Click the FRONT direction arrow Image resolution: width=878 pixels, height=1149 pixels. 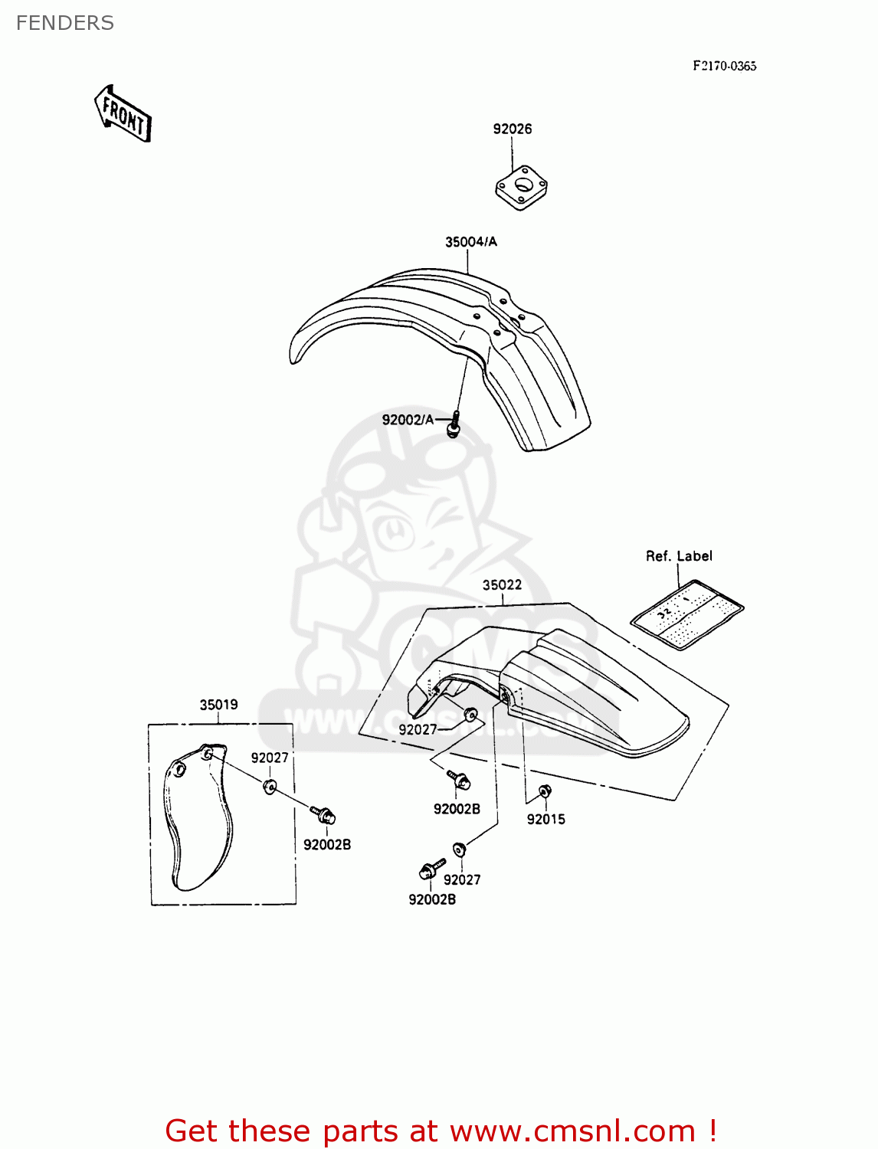point(123,113)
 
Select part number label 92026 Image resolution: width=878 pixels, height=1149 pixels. point(512,129)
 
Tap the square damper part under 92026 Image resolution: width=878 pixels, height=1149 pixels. point(521,187)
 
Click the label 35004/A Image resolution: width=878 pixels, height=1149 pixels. point(470,242)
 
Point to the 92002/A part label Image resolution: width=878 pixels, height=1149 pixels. point(408,420)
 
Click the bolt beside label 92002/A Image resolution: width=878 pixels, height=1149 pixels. point(454,424)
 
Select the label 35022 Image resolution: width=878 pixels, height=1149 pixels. point(502,585)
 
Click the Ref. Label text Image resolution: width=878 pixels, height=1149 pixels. point(679,556)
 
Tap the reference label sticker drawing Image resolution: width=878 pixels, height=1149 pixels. point(687,614)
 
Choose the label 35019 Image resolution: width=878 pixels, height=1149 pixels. point(218,705)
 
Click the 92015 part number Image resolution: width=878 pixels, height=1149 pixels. point(545,820)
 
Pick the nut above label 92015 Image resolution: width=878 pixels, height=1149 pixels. point(544,792)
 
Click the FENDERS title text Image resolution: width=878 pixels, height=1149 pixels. point(65,23)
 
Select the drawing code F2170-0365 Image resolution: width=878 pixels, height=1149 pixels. point(724,66)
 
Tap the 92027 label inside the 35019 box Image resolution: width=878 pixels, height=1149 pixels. point(270,758)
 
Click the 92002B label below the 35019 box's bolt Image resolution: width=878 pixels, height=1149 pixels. point(327,845)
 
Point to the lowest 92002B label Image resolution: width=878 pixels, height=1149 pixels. point(432,899)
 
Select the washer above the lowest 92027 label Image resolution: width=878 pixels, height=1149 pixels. point(459,849)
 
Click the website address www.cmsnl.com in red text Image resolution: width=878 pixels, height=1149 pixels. point(572,1131)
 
